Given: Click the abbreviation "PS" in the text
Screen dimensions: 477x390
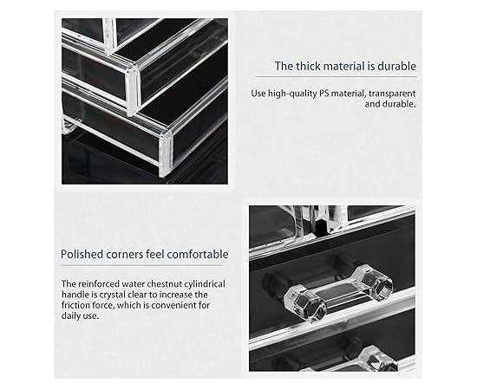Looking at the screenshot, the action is [x=324, y=94].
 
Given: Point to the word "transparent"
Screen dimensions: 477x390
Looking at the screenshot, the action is [x=392, y=94].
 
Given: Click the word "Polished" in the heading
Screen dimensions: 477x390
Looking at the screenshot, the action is [x=82, y=254].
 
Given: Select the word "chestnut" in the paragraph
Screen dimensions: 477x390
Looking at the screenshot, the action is [x=161, y=284].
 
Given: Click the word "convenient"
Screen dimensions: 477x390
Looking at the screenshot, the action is [x=176, y=305].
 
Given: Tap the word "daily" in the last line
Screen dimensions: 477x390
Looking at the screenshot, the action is [x=70, y=315].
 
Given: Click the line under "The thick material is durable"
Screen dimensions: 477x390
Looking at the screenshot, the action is [x=335, y=77].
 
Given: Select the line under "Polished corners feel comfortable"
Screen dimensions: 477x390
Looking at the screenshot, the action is [x=141, y=266].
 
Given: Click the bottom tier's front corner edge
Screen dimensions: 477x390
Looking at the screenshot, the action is [x=166, y=154].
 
